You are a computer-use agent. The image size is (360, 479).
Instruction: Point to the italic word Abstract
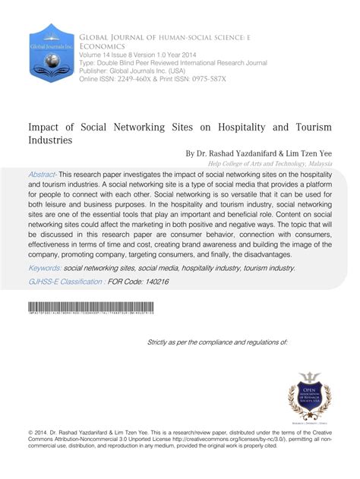pyautogui.click(x=42, y=174)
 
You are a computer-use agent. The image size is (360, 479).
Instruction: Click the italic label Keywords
pyautogui.click(x=45, y=267)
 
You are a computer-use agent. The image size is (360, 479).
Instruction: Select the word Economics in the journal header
pyautogui.click(x=103, y=46)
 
